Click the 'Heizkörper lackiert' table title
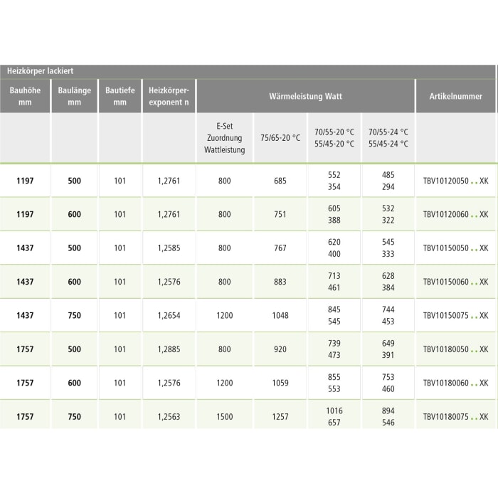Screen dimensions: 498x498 pyautogui.click(x=41, y=71)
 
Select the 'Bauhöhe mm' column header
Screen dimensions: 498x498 pyautogui.click(x=25, y=96)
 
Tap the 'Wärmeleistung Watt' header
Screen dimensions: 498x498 pyautogui.click(x=306, y=95)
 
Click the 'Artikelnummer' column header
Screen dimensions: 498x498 pyautogui.click(x=455, y=95)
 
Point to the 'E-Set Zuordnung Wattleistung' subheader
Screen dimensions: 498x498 pyautogui.click(x=224, y=138)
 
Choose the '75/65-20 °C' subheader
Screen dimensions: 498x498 pyautogui.click(x=280, y=138)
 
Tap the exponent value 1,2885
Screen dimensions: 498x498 pyautogui.click(x=169, y=349)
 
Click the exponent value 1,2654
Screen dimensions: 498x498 pyautogui.click(x=169, y=316)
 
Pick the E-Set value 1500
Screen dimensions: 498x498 pyautogui.click(x=225, y=417)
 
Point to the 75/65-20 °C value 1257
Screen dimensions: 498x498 pyautogui.click(x=280, y=417)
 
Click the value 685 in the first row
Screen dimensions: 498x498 pyautogui.click(x=280, y=181)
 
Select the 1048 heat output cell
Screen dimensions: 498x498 pyautogui.click(x=280, y=316)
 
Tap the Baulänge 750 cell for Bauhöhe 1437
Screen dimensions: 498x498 pyautogui.click(x=74, y=316)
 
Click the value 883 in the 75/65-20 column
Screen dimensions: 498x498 pyautogui.click(x=280, y=282)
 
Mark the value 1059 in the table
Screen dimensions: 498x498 pyautogui.click(x=280, y=383)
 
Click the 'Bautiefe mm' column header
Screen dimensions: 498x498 pyautogui.click(x=120, y=96)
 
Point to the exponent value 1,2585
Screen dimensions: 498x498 pyautogui.click(x=169, y=248)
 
